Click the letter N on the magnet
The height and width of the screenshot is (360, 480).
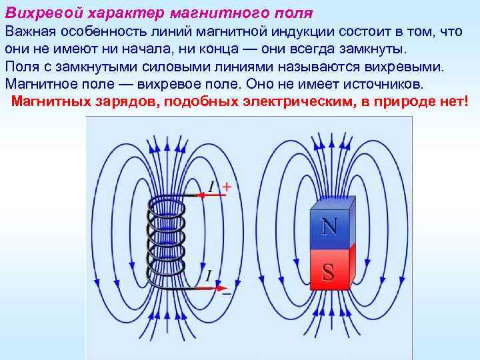click(329, 227)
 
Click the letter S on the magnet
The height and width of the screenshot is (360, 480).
click(328, 271)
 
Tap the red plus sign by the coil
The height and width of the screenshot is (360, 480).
click(226, 187)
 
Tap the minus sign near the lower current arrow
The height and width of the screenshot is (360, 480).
click(227, 293)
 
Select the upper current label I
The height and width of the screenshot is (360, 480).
click(212, 187)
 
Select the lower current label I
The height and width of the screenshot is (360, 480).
click(209, 275)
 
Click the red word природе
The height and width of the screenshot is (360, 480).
click(412, 101)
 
